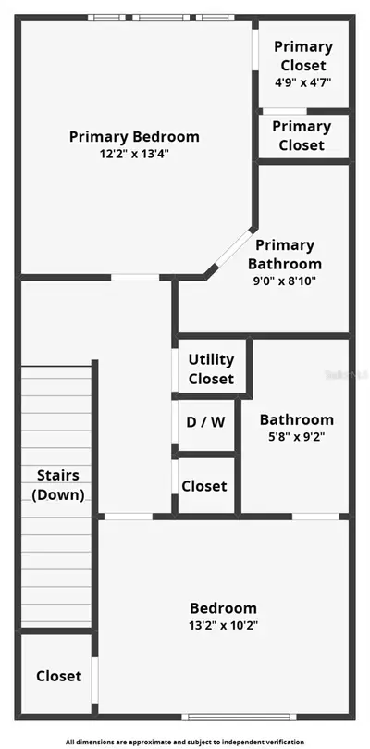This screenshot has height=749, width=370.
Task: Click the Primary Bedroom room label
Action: (134, 137)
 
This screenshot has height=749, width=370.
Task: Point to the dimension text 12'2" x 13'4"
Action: (135, 155)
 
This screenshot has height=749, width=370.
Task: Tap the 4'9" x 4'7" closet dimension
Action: (303, 81)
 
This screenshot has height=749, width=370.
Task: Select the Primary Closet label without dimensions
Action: (302, 136)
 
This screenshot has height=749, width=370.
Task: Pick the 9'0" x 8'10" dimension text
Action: (285, 281)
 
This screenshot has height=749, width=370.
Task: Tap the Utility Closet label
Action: (211, 368)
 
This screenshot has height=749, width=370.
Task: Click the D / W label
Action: (205, 422)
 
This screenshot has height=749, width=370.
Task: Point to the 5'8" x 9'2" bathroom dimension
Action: (297, 437)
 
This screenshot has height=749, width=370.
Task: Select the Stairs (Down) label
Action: (58, 485)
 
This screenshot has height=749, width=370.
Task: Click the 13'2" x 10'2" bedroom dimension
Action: (224, 626)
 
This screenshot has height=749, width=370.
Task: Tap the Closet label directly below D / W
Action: (204, 486)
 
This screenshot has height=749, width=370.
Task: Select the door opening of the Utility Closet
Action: (175, 370)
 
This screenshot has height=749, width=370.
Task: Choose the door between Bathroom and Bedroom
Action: (315, 517)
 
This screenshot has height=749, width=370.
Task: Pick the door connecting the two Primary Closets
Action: (285, 111)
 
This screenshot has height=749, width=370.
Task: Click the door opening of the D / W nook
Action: (175, 422)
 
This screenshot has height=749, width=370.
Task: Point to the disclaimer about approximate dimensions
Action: (185, 742)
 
